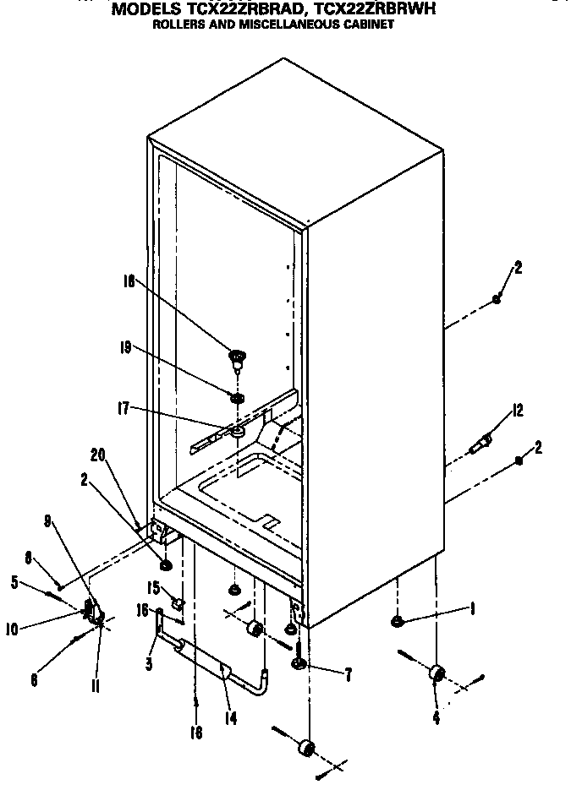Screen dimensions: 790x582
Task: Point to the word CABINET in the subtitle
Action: click(367, 25)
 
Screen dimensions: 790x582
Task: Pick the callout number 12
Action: click(517, 411)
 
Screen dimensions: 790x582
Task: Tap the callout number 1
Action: click(470, 609)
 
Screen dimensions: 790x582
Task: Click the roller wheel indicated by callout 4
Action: click(436, 673)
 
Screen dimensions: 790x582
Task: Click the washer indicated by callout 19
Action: click(237, 397)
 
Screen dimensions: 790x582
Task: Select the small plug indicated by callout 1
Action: click(397, 623)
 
